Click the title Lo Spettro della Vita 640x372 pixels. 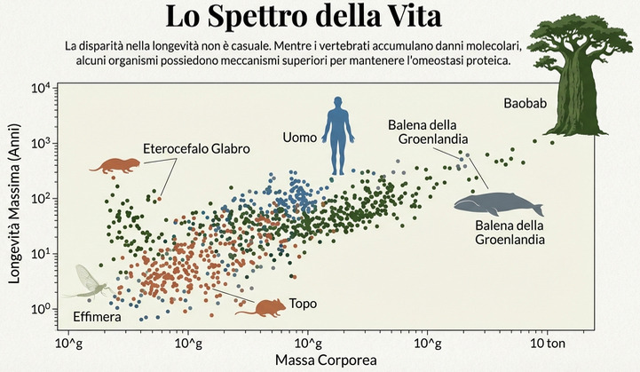(x=320, y=18)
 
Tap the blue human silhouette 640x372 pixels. (x=337, y=135)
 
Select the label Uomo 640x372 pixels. (x=299, y=138)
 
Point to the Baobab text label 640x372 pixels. (x=524, y=104)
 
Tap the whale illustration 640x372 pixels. (x=497, y=203)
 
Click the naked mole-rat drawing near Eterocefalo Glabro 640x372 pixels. (x=115, y=166)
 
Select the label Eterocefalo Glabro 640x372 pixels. (x=196, y=149)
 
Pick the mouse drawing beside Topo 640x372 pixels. (x=265, y=307)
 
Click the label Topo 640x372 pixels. (x=303, y=304)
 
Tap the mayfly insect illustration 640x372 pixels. (x=87, y=283)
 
